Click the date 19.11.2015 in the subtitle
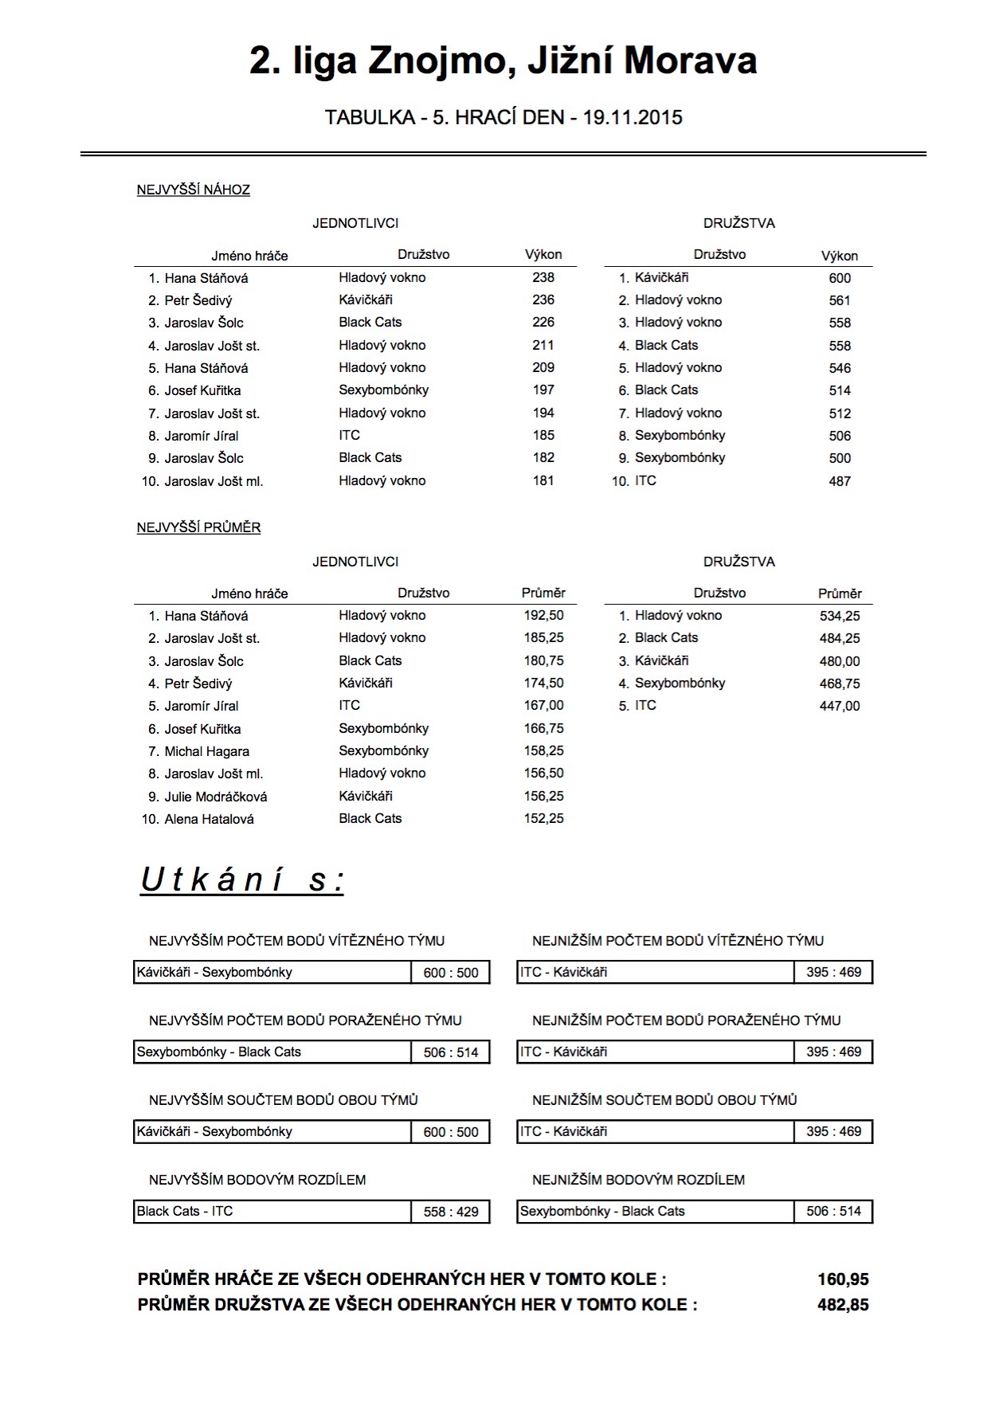[x=633, y=118]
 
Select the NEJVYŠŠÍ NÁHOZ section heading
[x=194, y=190]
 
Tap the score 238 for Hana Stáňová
[x=543, y=278]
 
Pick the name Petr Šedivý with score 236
[x=198, y=300]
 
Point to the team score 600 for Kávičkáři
[x=840, y=278]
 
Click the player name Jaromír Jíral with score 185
[x=202, y=436]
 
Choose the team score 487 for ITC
[x=840, y=481]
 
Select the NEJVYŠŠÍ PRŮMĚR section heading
[x=199, y=528]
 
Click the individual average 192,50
[x=543, y=616]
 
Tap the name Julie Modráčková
[x=216, y=797]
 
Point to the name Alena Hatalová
[x=209, y=819]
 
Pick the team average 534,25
[x=840, y=616]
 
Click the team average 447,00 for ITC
[x=840, y=706]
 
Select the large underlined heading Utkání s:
[x=242, y=880]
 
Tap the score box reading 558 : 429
[x=451, y=1212]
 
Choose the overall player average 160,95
[x=843, y=1280]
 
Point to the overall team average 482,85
[x=843, y=1306]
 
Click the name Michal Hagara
[x=207, y=751]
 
